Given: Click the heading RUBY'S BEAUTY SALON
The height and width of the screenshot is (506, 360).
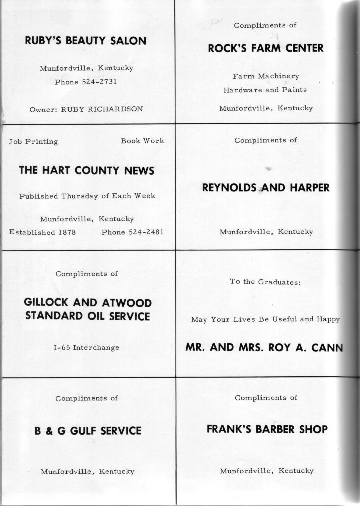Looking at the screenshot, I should [x=86, y=41].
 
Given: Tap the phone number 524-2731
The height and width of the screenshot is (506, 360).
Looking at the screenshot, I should [x=99, y=82].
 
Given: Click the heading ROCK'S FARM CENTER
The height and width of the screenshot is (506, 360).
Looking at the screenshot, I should [x=266, y=48].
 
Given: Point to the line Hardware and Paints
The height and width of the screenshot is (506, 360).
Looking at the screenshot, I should [x=265, y=90].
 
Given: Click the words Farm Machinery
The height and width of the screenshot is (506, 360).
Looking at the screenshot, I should [x=266, y=76].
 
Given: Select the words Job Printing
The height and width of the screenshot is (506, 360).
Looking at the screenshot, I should [x=33, y=142].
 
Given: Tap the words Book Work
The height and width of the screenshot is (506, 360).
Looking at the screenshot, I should [x=142, y=141].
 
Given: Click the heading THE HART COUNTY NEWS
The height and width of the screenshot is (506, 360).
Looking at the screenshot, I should [x=87, y=171].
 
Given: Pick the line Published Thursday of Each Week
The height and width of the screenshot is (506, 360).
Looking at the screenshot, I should [x=87, y=196].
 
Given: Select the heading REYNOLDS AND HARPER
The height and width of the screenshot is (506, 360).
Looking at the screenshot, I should [x=266, y=188].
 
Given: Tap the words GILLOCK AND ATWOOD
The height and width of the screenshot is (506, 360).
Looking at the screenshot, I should [x=88, y=303].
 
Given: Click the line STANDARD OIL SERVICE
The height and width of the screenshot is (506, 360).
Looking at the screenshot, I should [x=87, y=316].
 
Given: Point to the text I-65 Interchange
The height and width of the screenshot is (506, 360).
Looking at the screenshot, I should [x=86, y=347].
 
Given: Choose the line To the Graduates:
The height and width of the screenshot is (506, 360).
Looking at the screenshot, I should [x=265, y=282].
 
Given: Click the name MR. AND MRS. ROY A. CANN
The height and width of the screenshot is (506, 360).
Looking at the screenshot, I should [x=265, y=347].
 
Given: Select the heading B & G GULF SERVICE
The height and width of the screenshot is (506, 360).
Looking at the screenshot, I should [x=88, y=431].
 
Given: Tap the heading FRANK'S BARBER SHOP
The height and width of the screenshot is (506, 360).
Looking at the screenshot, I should [x=267, y=429].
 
